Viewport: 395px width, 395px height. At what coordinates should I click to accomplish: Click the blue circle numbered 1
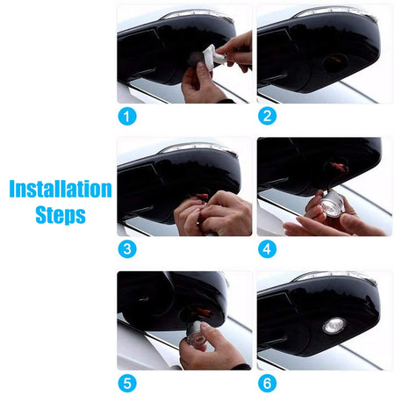(x=127, y=116)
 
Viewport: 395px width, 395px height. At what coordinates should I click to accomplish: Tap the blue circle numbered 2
(x=267, y=116)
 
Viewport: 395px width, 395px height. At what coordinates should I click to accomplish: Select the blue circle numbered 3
(x=127, y=249)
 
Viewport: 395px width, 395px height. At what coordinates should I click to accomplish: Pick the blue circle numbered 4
(x=267, y=249)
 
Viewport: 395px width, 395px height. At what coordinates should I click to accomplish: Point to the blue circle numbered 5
(x=127, y=383)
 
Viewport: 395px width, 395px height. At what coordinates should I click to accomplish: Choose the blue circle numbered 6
(x=267, y=383)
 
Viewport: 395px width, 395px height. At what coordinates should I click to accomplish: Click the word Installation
(x=61, y=189)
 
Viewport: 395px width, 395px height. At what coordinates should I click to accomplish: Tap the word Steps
(x=61, y=215)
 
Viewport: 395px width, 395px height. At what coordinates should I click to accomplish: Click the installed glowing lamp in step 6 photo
(x=334, y=326)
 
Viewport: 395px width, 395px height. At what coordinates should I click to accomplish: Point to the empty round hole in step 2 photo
(x=335, y=62)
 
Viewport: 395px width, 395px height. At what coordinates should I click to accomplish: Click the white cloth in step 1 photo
(x=214, y=57)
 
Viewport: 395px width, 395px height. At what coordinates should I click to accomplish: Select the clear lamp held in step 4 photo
(x=333, y=204)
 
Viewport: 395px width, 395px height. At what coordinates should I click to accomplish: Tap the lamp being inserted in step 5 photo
(x=196, y=334)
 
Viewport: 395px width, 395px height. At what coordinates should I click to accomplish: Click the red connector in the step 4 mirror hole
(x=337, y=167)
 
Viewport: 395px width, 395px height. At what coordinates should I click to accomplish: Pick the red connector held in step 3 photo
(x=202, y=196)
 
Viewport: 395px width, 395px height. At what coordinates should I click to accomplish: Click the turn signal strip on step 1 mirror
(x=197, y=14)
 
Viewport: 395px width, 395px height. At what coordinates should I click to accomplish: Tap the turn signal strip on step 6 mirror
(x=335, y=276)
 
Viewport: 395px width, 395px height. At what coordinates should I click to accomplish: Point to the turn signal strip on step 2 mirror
(x=334, y=11)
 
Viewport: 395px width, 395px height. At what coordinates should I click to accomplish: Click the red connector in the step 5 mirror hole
(x=204, y=312)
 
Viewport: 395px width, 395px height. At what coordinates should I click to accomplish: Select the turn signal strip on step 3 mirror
(x=198, y=147)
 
